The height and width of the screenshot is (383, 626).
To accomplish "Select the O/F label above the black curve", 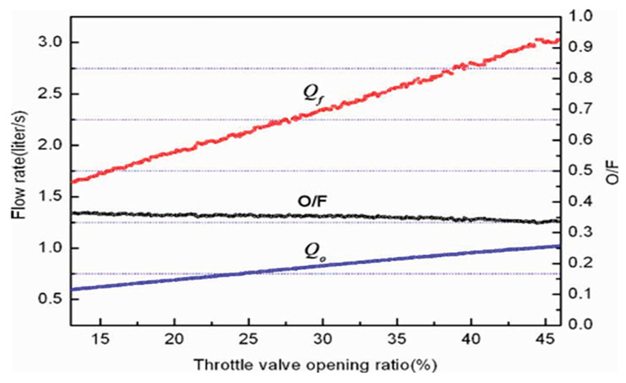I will tap(312, 201).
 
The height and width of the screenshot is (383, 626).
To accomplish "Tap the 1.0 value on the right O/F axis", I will tap(581, 16).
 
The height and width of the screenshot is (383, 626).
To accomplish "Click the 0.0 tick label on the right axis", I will tap(581, 324).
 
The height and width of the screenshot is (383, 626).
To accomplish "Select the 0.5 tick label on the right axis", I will tap(581, 170).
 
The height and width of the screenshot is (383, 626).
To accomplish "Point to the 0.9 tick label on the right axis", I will tap(581, 47).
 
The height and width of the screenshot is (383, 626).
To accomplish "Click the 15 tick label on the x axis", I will tap(100, 339).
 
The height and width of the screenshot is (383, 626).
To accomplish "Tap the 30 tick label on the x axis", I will tap(323, 339).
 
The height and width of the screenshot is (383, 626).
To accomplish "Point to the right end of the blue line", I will tap(559, 246).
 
